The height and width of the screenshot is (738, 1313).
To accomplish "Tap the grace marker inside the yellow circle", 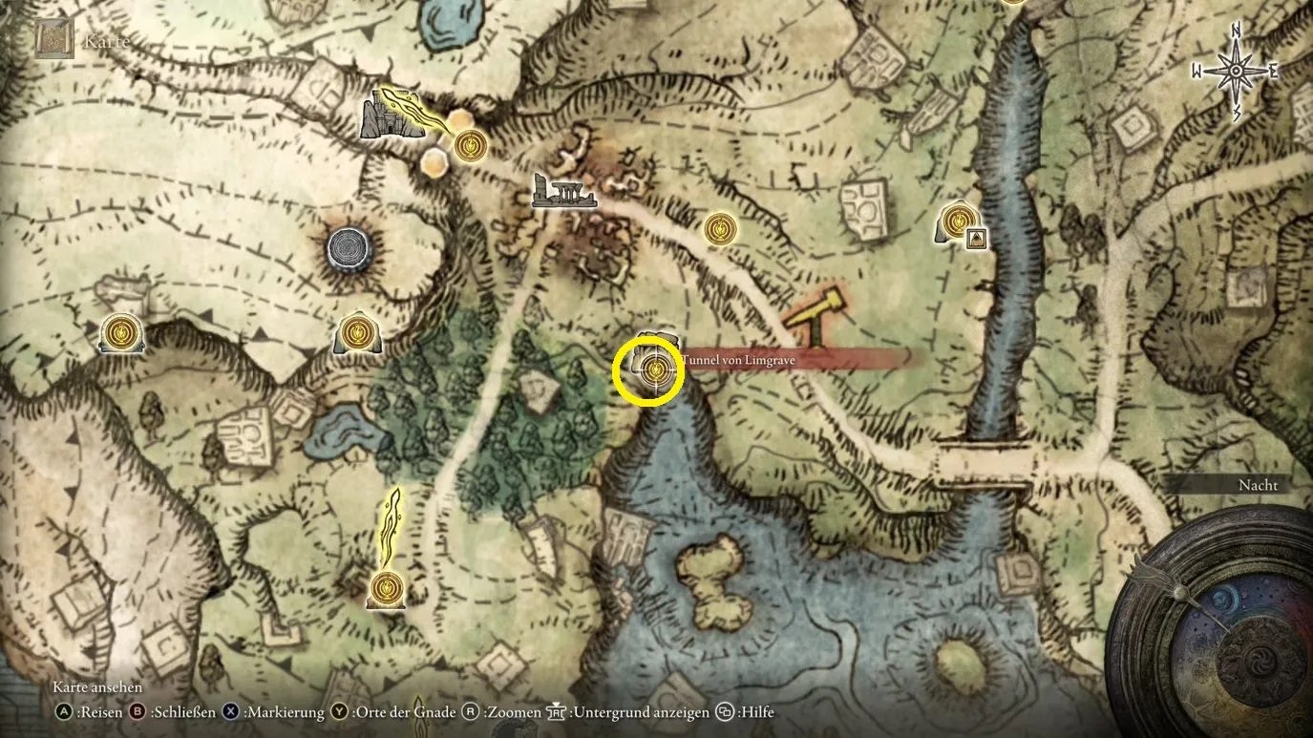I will coord(655,370).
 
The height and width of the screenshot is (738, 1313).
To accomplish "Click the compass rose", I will coord(1235,71).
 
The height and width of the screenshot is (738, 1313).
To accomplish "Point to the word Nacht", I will coord(1257,485).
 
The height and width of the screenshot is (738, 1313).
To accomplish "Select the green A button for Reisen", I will coord(64,712).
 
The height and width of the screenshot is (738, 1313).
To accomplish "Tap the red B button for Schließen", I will coord(137,712).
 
